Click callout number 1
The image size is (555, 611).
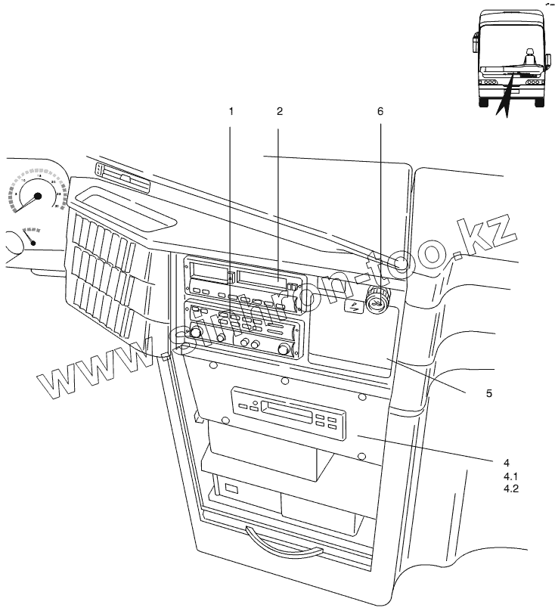point(231,110)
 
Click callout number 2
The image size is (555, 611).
point(279,110)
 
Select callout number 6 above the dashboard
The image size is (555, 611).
point(380,110)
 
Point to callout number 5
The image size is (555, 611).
point(488,393)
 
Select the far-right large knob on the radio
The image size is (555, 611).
point(284,349)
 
